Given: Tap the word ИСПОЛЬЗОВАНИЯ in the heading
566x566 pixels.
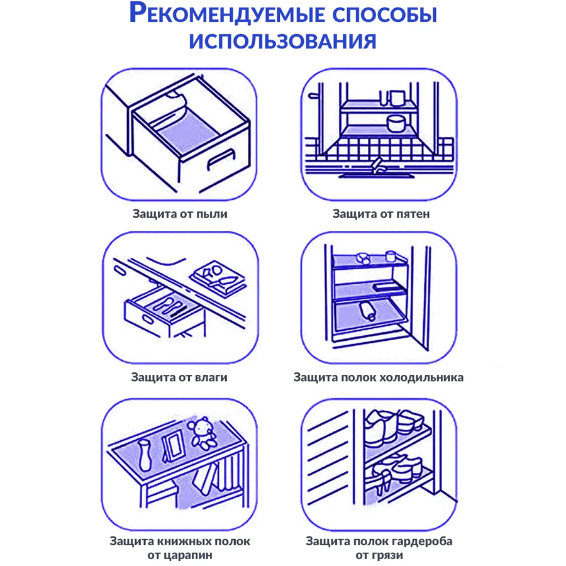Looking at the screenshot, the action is coord(282,41).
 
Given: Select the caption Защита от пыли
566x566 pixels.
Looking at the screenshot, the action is coord(180,214).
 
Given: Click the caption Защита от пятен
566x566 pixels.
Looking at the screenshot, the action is coord(381,214).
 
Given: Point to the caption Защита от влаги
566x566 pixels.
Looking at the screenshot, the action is coord(179,377).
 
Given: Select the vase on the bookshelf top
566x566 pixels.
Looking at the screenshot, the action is coord(145,455).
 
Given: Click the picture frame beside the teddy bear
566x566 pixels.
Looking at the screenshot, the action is coord(173,447).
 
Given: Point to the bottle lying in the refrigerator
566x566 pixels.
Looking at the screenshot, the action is coord(368,310).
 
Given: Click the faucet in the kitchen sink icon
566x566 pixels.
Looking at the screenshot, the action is coord(377,165).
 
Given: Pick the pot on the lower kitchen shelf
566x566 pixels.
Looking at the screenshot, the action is coord(396,123).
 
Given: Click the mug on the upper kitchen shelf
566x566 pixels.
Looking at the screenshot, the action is coord(397,98).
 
